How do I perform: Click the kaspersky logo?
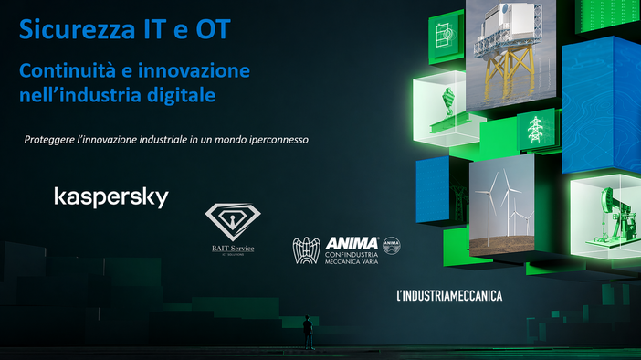point(111,196)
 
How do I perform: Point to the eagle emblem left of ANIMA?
point(307,251)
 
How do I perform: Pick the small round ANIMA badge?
point(392,245)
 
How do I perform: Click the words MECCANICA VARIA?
point(352,264)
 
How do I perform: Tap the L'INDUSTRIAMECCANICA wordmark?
point(448,295)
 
